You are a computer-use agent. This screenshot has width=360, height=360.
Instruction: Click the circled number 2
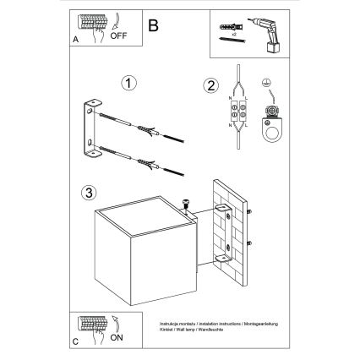[x=210, y=84]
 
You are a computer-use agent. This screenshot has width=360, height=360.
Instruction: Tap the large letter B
[x=152, y=25]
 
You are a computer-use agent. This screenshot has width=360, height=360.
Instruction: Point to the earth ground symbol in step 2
[x=269, y=84]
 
